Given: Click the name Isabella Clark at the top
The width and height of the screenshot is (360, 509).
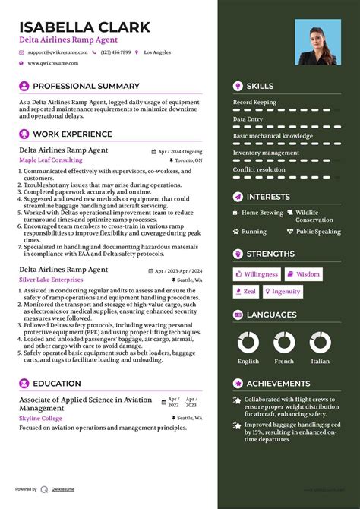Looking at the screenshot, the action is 84,27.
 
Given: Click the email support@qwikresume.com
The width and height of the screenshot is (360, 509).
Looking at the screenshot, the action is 58,52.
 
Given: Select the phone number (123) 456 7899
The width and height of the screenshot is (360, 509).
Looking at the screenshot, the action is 115,52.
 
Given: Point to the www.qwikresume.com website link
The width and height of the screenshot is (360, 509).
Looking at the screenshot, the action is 55,64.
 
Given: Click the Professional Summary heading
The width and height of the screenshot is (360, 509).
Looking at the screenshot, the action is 86,86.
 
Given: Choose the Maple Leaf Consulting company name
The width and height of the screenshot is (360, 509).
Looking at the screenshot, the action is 51,160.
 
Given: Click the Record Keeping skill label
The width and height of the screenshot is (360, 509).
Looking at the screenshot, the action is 254,102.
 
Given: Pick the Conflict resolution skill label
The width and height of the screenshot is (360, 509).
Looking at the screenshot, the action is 259,169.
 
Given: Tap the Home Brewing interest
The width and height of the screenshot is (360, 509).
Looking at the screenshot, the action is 262,213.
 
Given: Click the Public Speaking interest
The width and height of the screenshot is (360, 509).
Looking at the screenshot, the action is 318,232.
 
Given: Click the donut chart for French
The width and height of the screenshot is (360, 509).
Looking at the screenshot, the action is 284,342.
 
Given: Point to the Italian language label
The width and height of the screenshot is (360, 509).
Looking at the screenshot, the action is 321,362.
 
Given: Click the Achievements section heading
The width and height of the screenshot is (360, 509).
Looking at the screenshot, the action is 278,384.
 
